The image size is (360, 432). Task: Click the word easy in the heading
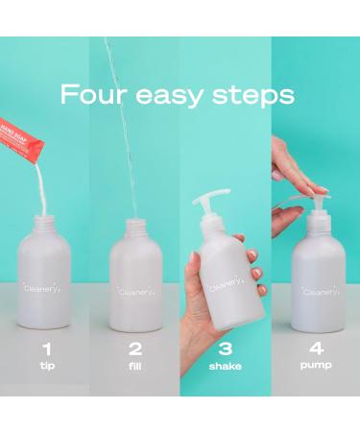175,97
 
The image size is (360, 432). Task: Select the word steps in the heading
256,97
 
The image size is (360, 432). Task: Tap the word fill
135,365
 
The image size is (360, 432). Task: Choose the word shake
225,365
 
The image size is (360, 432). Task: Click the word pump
315,365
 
